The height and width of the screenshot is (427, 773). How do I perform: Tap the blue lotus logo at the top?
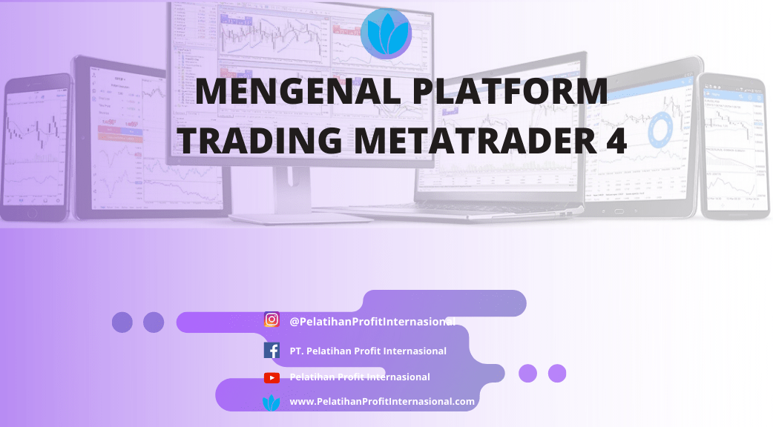point(386,33)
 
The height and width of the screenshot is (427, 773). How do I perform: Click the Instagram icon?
point(272,320)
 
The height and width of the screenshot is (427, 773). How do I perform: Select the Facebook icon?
point(272,351)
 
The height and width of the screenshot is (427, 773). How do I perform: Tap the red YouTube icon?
point(272,377)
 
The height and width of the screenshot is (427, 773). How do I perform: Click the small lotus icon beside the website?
point(272,403)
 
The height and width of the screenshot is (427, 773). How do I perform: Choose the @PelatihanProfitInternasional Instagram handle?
point(372,322)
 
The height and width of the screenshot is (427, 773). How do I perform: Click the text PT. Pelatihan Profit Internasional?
point(368,351)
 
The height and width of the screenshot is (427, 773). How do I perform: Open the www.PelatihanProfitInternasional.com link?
point(381,402)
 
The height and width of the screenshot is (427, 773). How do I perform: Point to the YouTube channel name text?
point(360,377)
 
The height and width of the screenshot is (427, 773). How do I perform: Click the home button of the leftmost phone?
point(31,213)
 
